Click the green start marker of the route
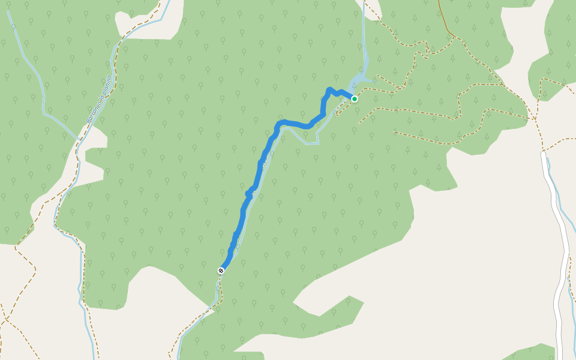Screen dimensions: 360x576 coord(355,98)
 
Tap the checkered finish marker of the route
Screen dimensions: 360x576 coord(221,271)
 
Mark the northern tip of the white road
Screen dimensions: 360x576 coord(544,154)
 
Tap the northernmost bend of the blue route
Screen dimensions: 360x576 coord(329,89)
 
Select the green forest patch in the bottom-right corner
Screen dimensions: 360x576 coord(531,352)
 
